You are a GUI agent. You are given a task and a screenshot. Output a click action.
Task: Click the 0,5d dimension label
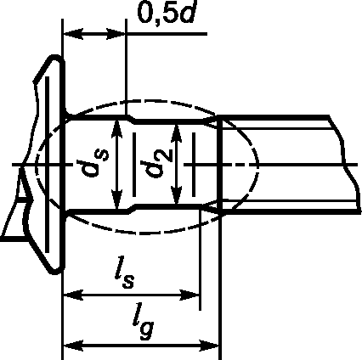(x=167, y=12)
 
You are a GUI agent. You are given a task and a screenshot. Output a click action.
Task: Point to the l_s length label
(x=124, y=275)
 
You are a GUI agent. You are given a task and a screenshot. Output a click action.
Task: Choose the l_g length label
(x=143, y=324)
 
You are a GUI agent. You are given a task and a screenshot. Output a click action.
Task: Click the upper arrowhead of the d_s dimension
(x=116, y=130)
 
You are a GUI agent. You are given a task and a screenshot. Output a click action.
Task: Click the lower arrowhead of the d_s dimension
(x=116, y=200)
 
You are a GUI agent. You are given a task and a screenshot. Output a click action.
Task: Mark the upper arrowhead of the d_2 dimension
(x=177, y=133)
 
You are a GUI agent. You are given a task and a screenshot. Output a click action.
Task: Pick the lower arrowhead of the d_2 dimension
(x=177, y=195)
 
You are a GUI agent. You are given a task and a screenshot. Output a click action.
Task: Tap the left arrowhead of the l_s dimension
(x=73, y=295)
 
